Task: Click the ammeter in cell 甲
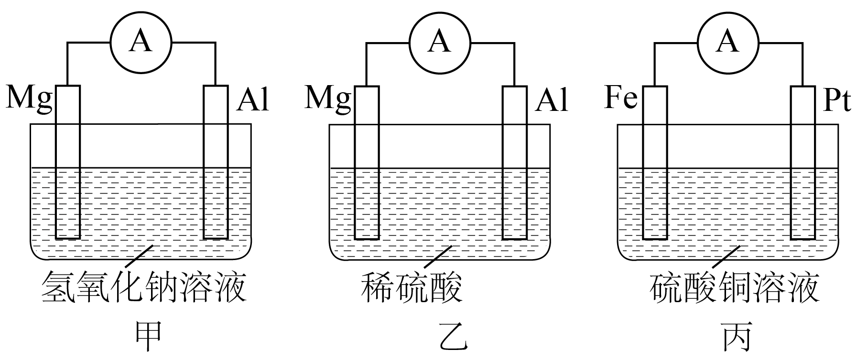pyautogui.click(x=141, y=43)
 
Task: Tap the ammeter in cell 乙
pyautogui.click(x=440, y=43)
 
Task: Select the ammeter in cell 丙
pyautogui.click(x=727, y=43)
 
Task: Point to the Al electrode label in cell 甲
pyautogui.click(x=253, y=100)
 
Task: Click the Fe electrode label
pyautogui.click(x=621, y=99)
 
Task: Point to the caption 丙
pyautogui.click(x=737, y=338)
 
